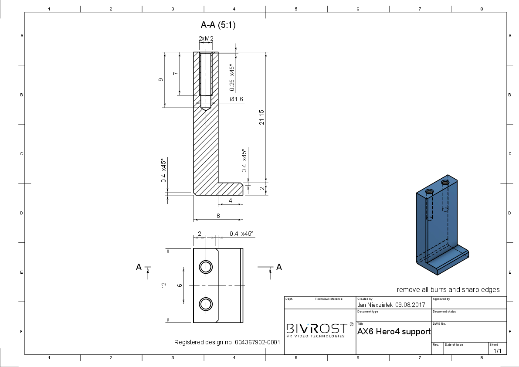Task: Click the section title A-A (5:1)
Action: (218, 25)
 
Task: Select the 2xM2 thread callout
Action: (206, 39)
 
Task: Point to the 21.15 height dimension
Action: (261, 117)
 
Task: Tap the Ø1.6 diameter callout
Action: (236, 99)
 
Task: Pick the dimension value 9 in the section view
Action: (161, 80)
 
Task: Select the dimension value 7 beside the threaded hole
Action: (176, 74)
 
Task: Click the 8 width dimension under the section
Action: (218, 216)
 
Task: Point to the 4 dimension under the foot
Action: (231, 200)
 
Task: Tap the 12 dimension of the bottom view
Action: (164, 285)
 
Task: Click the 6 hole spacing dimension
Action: (180, 285)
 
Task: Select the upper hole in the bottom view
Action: (206, 267)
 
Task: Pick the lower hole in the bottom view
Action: (206, 304)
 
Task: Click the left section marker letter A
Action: (139, 267)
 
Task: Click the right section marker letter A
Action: (279, 267)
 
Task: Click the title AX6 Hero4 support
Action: (394, 332)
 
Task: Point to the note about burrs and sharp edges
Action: (448, 290)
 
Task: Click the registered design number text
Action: (227, 342)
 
